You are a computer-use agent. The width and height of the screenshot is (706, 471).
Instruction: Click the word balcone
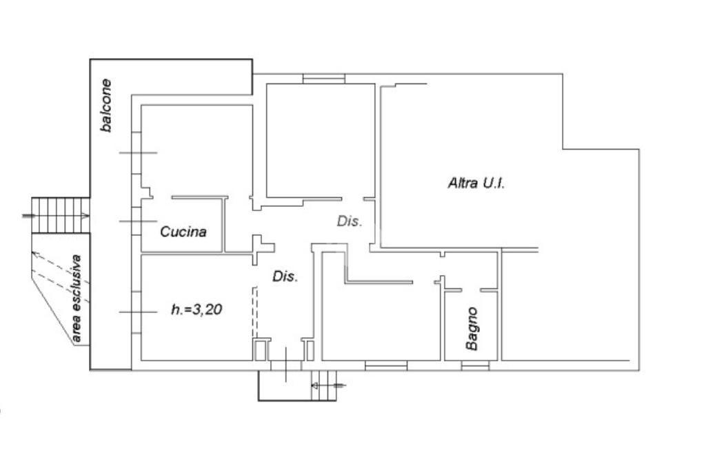tap(106, 106)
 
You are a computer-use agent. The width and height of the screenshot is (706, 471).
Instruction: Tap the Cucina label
tap(183, 232)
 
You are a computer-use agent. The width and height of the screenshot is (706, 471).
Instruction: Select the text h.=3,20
tap(196, 310)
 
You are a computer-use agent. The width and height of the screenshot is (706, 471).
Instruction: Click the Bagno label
tap(472, 328)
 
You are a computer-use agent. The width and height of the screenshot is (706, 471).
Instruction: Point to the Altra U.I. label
tap(476, 183)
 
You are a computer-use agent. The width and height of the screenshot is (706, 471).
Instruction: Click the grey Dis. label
tap(350, 221)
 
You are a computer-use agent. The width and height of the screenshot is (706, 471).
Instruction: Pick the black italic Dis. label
tap(285, 277)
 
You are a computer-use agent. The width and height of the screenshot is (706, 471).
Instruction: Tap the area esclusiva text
tap(77, 299)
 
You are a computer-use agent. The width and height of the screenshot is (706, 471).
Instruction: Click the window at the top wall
tap(323, 80)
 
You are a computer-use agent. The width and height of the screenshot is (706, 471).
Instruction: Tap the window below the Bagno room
tap(475, 365)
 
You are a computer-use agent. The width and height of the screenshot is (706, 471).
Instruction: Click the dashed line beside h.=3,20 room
tap(255, 314)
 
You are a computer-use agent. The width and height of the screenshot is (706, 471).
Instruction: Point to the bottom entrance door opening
tap(285, 364)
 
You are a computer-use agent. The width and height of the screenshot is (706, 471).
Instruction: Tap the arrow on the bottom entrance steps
tap(339, 384)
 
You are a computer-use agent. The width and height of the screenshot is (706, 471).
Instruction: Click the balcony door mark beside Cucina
tap(139, 221)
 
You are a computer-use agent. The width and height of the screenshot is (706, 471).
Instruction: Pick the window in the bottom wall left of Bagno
tap(386, 365)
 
